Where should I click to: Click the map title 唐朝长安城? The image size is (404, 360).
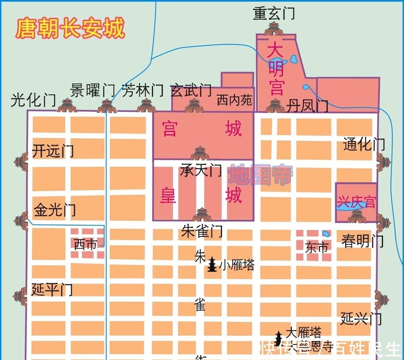[x=70, y=29]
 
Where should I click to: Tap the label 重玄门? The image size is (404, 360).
[x=274, y=13]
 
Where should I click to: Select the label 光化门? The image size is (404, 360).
[x=33, y=100]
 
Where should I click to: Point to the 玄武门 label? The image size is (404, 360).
[x=191, y=90]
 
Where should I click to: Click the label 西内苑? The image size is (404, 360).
[x=234, y=100]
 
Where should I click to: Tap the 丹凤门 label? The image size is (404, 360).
[x=307, y=106]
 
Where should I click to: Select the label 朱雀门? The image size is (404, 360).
[x=202, y=231]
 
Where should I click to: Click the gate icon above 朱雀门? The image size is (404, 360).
[x=202, y=214]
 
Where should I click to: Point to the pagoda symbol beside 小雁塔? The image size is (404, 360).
[x=212, y=265]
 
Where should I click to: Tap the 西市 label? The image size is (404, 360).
[x=85, y=245]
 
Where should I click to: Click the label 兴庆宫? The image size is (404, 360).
[x=357, y=202]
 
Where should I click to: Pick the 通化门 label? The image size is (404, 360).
[x=364, y=144]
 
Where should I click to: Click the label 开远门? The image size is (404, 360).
[x=53, y=151]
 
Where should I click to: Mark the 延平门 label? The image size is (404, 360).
[x=52, y=290]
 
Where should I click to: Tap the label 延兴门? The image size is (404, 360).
[x=361, y=318]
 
